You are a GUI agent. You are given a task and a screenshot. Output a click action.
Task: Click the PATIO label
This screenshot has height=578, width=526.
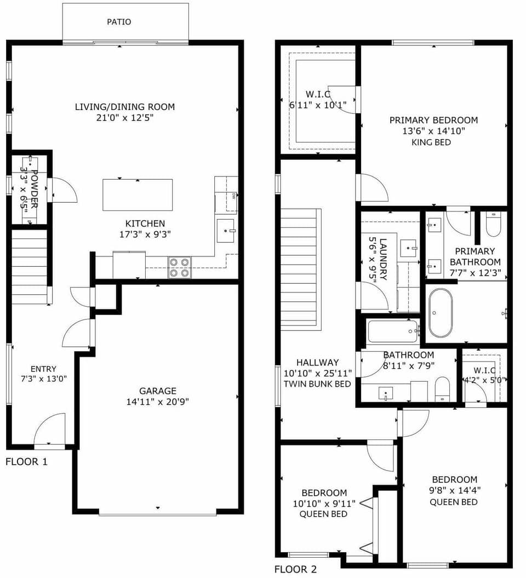pyautogui.click(x=119, y=22)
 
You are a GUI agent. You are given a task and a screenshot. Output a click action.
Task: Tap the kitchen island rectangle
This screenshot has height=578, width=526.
pyautogui.click(x=138, y=194)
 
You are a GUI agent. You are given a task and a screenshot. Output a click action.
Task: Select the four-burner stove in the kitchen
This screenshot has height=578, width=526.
pyautogui.click(x=179, y=267)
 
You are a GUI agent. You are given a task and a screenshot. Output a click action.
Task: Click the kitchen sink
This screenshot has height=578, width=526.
pyautogui.click(x=225, y=231)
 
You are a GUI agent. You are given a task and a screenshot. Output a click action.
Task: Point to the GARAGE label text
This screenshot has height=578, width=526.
pyautogui.click(x=158, y=391)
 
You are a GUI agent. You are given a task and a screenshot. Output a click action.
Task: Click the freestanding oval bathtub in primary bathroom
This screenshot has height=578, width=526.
pyautogui.click(x=441, y=313)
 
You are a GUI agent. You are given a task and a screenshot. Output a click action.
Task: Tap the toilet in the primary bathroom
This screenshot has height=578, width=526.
pyautogui.click(x=493, y=225)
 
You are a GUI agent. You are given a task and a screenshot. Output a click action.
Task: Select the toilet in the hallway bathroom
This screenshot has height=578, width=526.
pyautogui.click(x=442, y=390)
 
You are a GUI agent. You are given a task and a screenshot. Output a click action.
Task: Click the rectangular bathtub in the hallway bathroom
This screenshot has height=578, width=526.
pyautogui.click(x=393, y=331)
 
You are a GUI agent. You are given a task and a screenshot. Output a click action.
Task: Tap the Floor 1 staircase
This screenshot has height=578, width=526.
pyautogui.click(x=29, y=267)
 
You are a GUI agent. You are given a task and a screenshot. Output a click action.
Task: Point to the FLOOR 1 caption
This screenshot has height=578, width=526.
pyautogui.click(x=26, y=462)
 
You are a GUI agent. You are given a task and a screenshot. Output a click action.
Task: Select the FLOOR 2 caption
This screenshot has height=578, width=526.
pyautogui.click(x=295, y=569)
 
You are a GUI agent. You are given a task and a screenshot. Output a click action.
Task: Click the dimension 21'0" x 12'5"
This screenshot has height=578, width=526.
pyautogui.click(x=125, y=118)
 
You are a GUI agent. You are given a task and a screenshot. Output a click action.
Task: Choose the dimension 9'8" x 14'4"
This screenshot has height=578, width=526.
pyautogui.click(x=454, y=490)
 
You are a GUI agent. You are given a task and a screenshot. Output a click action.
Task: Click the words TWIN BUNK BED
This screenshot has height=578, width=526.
pyautogui.click(x=317, y=384)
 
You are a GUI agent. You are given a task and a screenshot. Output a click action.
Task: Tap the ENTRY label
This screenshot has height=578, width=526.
pyautogui.click(x=43, y=369)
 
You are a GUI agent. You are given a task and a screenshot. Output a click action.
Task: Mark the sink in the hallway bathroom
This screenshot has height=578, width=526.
pyautogui.click(x=387, y=392)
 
